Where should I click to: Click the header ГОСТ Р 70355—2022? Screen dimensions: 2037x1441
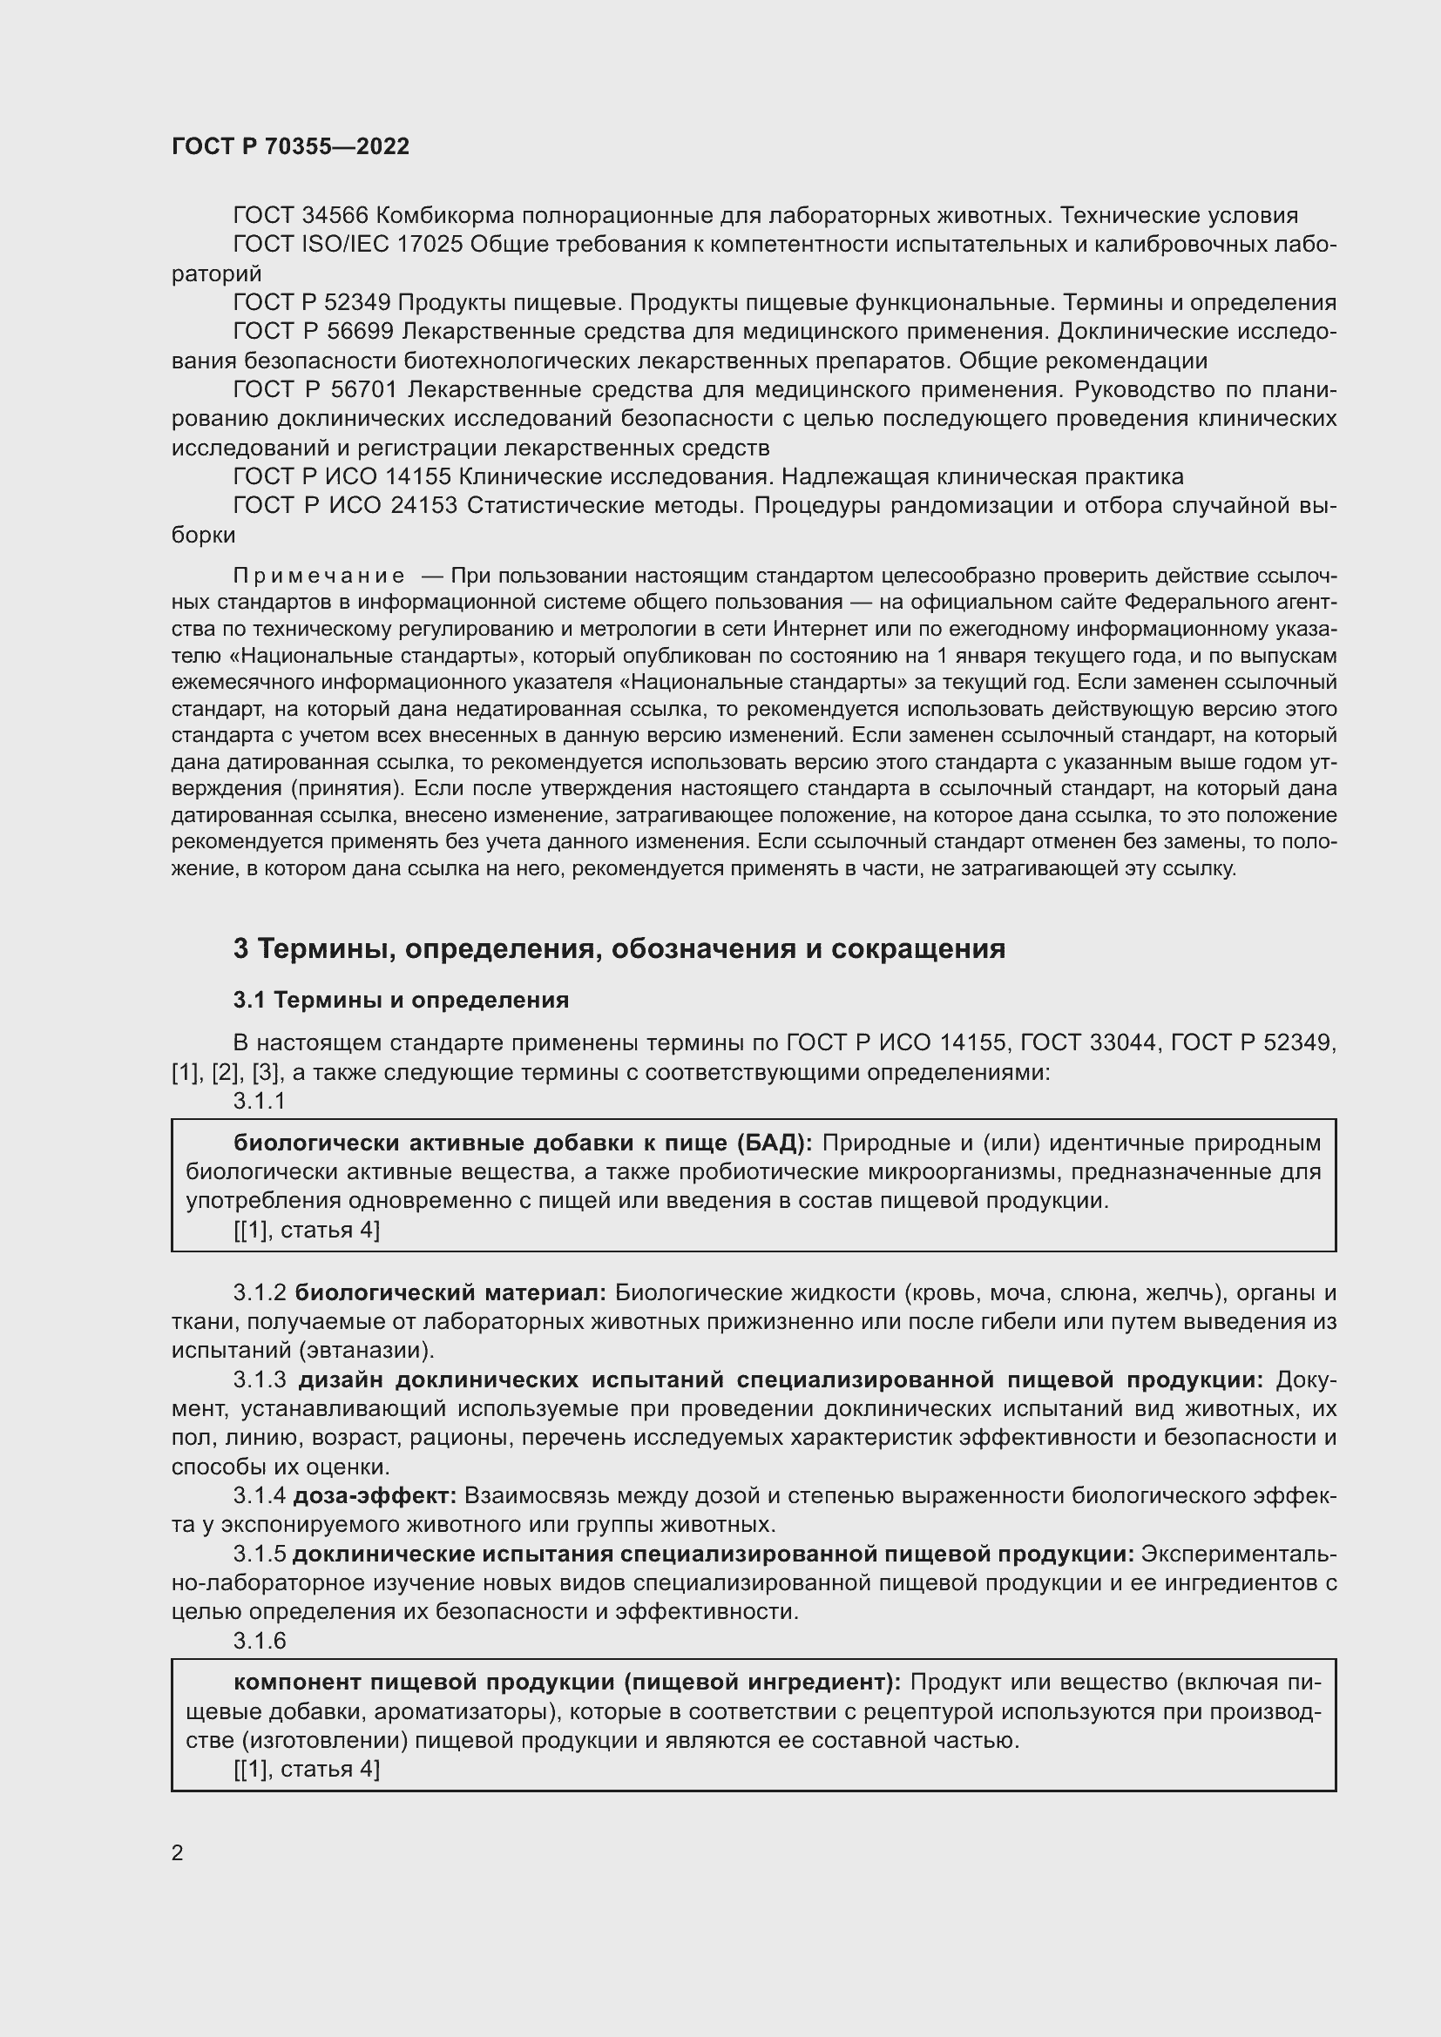(x=290, y=147)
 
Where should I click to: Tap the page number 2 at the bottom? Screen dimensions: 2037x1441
(x=178, y=1852)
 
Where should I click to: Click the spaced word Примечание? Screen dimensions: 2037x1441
(x=319, y=577)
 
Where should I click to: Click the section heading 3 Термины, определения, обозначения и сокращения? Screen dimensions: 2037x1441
(x=619, y=949)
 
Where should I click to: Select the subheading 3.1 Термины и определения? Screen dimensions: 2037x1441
(x=401, y=1000)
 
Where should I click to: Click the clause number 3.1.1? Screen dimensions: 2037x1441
(x=259, y=1101)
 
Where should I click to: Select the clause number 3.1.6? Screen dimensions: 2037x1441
(x=259, y=1642)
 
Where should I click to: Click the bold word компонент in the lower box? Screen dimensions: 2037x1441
(x=297, y=1683)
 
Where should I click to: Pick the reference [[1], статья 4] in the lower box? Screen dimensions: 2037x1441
(x=306, y=1770)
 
